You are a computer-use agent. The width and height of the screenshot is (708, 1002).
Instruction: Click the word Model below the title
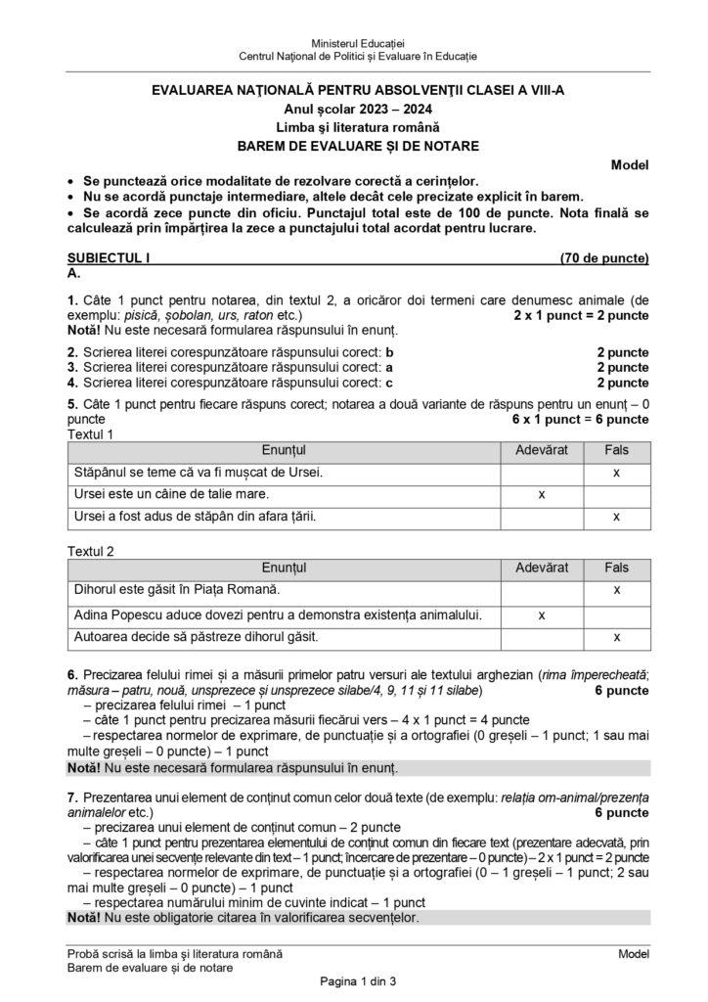tap(629, 164)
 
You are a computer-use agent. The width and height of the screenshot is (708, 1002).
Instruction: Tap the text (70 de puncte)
tap(604, 259)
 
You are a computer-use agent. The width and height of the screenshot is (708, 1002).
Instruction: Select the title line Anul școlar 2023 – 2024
tap(353, 109)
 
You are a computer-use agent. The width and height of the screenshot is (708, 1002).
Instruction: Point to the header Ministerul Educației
tap(353, 45)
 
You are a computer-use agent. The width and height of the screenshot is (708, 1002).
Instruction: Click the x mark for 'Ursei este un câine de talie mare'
tap(541, 494)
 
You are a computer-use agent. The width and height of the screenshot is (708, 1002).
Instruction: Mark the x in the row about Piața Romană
tap(616, 590)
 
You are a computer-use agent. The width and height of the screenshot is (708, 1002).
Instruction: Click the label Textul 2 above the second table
tap(90, 550)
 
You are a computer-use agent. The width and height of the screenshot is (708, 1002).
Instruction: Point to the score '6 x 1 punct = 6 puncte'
tap(579, 419)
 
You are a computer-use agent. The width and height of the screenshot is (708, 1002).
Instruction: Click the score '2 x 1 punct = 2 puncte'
tap(580, 318)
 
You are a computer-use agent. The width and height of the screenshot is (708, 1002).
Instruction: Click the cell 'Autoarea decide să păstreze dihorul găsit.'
tap(197, 637)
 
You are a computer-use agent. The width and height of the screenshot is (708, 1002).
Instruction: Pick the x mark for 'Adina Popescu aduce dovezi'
tap(541, 614)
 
